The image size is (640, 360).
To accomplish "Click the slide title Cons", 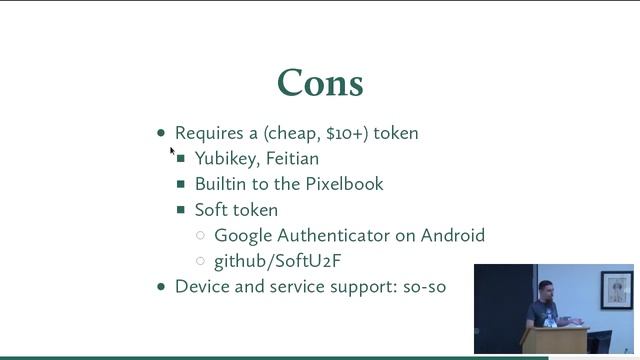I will [320, 83].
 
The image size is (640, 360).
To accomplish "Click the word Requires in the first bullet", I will [203, 133].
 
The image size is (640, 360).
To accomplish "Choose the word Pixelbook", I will [345, 184].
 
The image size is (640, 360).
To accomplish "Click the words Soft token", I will [236, 210].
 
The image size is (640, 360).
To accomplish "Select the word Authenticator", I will [338, 236].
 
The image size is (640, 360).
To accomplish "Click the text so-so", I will [424, 287].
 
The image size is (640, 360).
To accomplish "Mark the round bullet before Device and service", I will [162, 287].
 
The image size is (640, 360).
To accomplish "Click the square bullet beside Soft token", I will [181, 210].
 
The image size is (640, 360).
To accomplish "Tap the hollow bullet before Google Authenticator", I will [201, 236].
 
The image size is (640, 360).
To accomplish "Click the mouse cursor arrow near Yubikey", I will [172, 151].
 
